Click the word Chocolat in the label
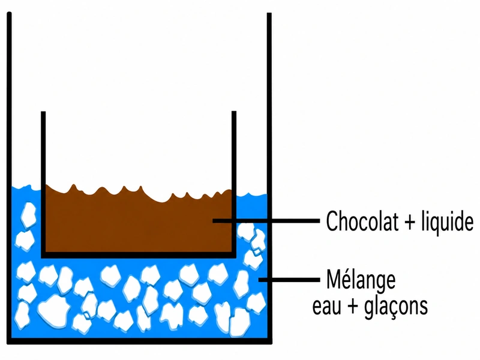pyautogui.click(x=362, y=221)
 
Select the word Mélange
pyautogui.click(x=361, y=280)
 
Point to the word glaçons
pyautogui.click(x=396, y=307)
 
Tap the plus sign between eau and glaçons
pyautogui.click(x=353, y=307)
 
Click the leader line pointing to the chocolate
pyautogui.click(x=266, y=221)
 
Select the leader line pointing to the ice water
pyautogui.click(x=289, y=280)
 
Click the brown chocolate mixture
pyautogui.click(x=138, y=223)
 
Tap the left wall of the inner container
pyautogui.click(x=43, y=184)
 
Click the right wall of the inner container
pyautogui.click(x=234, y=184)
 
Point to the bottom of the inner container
pyautogui.click(x=139, y=255)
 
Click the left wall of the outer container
pyautogui.click(x=9, y=178)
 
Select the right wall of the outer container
pyautogui.click(x=269, y=178)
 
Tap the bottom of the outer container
pyautogui.click(x=139, y=341)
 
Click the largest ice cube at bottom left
pyautogui.click(x=54, y=311)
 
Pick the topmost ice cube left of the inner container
pyautogui.click(x=28, y=215)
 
